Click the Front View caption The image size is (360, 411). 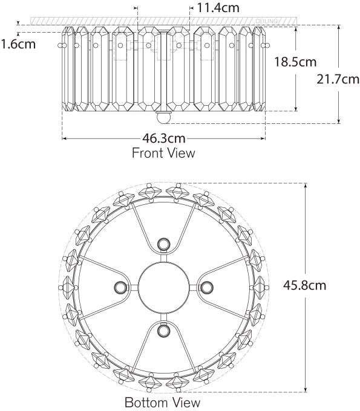coord(163,153)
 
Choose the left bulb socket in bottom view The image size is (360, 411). coord(119,286)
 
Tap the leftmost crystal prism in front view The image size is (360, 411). coord(67,68)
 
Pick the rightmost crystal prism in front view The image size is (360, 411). coord(260,68)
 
